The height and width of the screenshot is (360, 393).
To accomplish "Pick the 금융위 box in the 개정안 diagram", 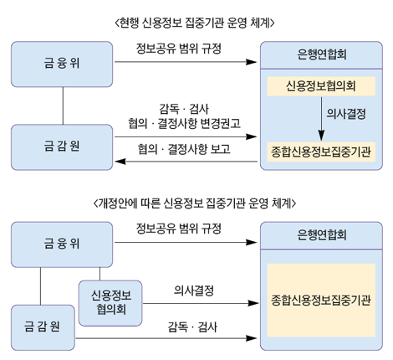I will tap(62, 244).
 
